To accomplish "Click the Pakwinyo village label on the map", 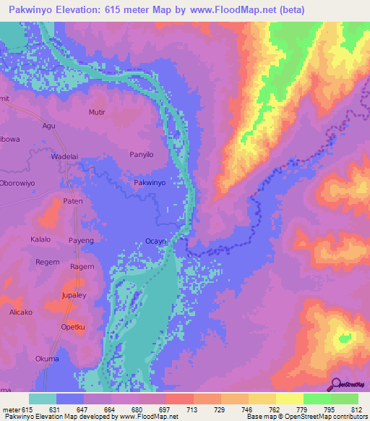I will click(150, 184).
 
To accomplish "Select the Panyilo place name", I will click(142, 154).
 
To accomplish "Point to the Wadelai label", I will click(64, 156).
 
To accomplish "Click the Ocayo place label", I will click(155, 241).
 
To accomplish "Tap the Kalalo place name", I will click(41, 239).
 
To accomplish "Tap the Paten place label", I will click(74, 201).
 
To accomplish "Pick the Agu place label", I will click(49, 125).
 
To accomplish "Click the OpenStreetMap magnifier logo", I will click(335, 384).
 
